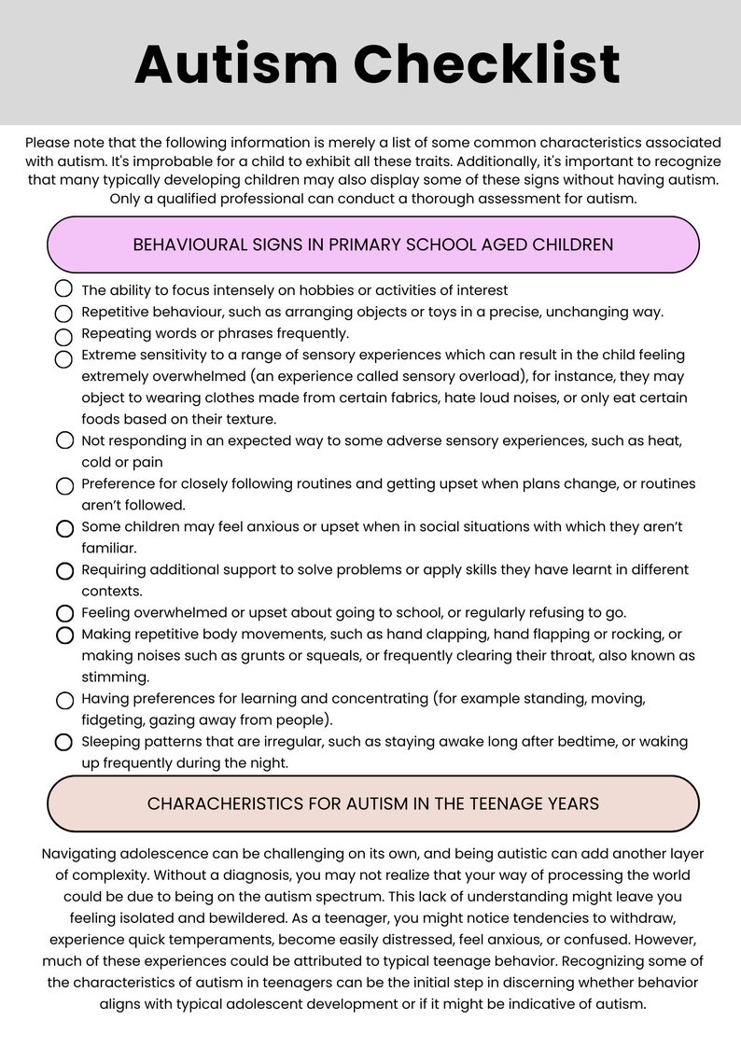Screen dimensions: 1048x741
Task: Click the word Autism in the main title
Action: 236,64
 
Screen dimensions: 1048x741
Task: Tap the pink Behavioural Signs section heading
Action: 372,245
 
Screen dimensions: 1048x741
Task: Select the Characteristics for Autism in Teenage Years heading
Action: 372,803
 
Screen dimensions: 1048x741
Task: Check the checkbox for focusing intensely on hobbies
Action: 64,290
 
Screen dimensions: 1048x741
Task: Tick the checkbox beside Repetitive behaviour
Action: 64,313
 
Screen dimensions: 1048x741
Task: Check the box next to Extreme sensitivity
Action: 64,358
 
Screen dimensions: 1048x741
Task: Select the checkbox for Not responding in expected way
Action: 64,440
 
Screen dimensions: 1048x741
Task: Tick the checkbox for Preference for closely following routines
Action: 64,485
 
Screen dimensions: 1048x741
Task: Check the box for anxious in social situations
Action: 64,528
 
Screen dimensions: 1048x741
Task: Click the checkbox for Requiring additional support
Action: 64,570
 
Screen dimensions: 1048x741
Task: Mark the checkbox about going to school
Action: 64,613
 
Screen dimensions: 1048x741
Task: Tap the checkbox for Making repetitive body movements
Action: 64,636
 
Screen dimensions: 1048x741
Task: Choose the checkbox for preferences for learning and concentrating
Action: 64,700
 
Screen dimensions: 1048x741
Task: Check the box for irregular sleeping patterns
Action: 64,743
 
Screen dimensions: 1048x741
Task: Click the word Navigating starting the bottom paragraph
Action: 83,854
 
